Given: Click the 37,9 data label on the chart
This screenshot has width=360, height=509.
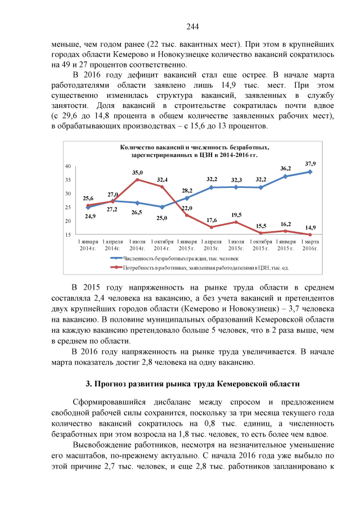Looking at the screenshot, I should [310, 163].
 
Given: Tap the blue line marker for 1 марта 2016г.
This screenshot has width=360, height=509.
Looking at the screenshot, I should [310, 172].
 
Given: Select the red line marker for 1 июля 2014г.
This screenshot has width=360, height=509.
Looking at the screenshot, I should [137, 179].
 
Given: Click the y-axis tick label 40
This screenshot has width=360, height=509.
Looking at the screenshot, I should [67, 166].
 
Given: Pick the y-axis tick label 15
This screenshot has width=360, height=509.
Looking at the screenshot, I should [67, 235].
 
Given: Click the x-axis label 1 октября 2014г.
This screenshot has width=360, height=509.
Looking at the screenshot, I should [162, 245].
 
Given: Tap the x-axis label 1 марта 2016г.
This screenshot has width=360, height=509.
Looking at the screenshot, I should [310, 245].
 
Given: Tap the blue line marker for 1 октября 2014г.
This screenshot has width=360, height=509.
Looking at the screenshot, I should [162, 207].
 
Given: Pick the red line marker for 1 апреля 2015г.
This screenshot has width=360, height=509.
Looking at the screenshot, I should [211, 227].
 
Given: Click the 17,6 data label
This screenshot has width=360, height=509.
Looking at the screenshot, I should [211, 220].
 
